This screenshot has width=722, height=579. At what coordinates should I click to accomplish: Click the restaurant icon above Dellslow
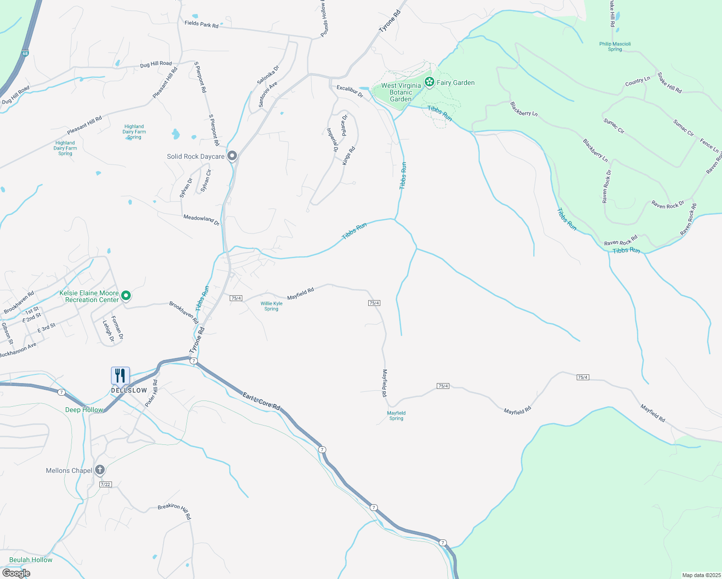[120, 375]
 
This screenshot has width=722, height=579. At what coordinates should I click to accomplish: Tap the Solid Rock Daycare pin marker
[232, 156]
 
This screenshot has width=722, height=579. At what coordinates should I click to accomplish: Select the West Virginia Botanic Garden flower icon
[429, 82]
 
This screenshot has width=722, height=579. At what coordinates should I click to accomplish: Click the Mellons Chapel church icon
[100, 469]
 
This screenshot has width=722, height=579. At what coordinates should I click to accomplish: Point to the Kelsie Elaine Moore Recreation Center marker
[126, 295]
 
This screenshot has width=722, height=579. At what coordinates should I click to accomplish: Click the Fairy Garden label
[456, 83]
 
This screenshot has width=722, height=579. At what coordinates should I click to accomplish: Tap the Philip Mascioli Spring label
[615, 46]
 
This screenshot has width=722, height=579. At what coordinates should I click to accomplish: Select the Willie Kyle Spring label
[271, 306]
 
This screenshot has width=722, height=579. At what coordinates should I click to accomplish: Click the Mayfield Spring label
[396, 415]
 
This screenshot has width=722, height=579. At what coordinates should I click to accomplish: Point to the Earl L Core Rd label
[261, 401]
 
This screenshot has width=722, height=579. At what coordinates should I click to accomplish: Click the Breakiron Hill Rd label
[175, 511]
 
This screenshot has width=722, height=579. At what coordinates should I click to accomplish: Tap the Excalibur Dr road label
[350, 91]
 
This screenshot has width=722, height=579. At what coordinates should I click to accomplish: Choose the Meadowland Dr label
[201, 220]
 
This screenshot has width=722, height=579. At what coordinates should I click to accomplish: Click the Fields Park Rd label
[201, 24]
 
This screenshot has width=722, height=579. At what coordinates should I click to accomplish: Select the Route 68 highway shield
[25, 53]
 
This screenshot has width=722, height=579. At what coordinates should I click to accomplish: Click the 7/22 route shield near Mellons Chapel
[105, 484]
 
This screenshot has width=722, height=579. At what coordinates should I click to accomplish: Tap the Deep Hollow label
[84, 410]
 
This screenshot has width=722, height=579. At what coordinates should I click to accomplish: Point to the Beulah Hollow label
[31, 560]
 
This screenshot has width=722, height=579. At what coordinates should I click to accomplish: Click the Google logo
[16, 573]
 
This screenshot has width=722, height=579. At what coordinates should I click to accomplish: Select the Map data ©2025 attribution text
[700, 575]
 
